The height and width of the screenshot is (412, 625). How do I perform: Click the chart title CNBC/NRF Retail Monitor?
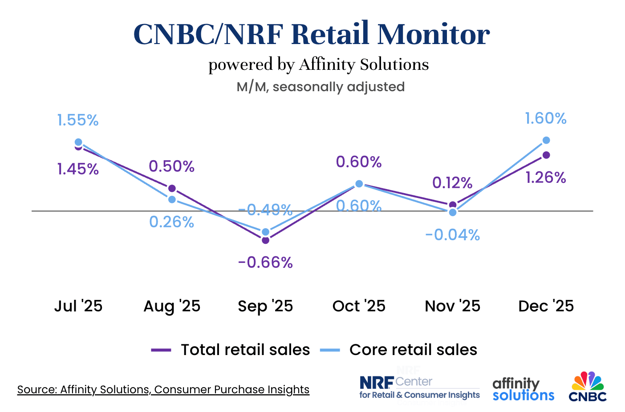[x=312, y=34]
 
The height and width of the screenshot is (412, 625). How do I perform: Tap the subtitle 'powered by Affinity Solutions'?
[x=318, y=65]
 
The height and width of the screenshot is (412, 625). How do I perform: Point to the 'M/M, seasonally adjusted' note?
[x=321, y=87]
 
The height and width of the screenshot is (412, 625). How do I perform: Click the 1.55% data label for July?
[x=78, y=120]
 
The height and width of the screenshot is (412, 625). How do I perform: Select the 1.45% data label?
[x=78, y=169]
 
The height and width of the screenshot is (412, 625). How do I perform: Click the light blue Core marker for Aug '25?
[x=172, y=199]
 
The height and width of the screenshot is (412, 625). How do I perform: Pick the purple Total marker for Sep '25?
[x=265, y=240]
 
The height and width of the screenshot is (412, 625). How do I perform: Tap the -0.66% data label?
[x=265, y=263]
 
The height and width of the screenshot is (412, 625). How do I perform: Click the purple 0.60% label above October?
[x=359, y=162]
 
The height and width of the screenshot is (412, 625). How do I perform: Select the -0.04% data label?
[x=452, y=235]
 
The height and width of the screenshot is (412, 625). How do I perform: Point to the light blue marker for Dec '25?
[x=546, y=140]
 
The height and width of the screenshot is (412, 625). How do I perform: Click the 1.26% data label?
[x=546, y=178]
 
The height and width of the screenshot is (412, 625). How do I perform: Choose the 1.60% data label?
[x=546, y=118]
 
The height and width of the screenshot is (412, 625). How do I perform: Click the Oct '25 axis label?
[x=359, y=306]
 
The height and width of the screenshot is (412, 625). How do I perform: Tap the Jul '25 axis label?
[x=78, y=306]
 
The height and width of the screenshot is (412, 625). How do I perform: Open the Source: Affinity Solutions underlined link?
[x=163, y=390]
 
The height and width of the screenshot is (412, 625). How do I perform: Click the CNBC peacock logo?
[x=588, y=386]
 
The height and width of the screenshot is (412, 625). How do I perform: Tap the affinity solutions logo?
[x=523, y=389]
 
